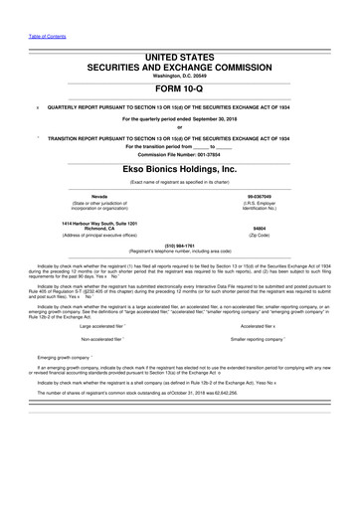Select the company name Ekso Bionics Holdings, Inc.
(180, 170)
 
